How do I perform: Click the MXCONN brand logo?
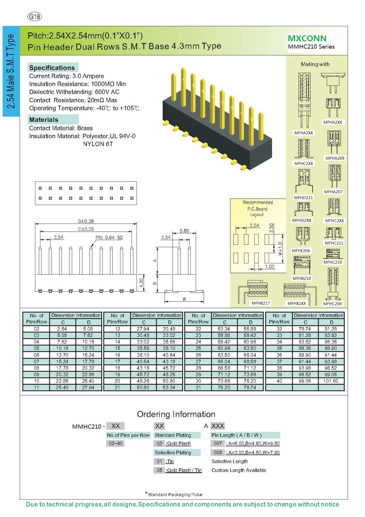(307, 38)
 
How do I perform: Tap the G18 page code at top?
(34, 16)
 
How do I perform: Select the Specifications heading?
(52, 68)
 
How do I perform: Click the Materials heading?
(44, 120)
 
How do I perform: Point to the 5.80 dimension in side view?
(184, 231)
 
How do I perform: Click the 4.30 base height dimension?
(141, 283)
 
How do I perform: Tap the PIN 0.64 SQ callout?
(109, 237)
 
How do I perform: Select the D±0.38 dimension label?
(86, 221)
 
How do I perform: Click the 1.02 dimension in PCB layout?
(270, 267)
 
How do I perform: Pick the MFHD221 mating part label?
(303, 198)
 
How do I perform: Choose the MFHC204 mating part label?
(332, 304)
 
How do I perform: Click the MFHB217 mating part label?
(261, 303)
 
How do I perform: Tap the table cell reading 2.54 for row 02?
(62, 329)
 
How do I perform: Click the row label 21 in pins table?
(117, 387)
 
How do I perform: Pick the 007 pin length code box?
(218, 443)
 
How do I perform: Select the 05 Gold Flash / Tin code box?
(159, 470)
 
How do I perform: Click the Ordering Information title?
(176, 414)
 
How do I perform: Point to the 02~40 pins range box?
(115, 443)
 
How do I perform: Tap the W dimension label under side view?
(184, 299)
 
